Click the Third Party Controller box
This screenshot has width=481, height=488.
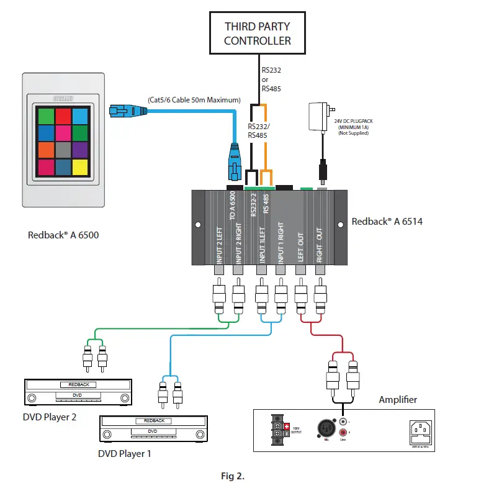tap(257, 34)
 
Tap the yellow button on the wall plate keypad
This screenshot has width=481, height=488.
tap(80, 166)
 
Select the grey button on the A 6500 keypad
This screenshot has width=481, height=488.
tap(63, 150)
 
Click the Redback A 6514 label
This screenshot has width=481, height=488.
tap(387, 221)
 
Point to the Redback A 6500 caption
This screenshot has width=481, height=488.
tap(63, 235)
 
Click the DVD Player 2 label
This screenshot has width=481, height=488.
tap(50, 417)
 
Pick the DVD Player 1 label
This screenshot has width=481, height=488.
tap(125, 453)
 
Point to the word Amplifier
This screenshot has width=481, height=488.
tap(398, 400)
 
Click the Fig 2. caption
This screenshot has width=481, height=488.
tap(233, 476)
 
